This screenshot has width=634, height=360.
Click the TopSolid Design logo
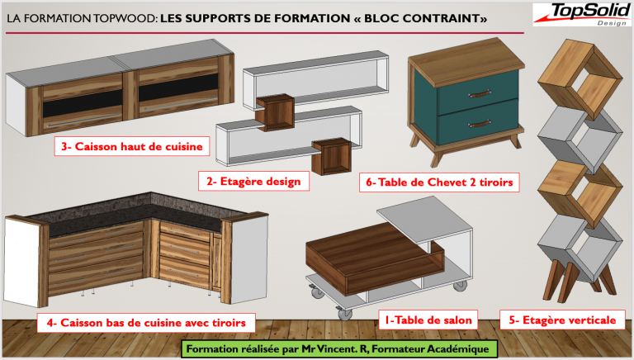tap(582, 15)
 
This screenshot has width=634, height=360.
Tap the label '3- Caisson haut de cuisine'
tap(132, 146)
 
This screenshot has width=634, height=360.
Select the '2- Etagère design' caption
tap(253, 181)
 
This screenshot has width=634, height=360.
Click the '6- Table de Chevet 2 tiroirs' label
tap(439, 182)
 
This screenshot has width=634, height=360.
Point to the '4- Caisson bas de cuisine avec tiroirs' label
tap(146, 323)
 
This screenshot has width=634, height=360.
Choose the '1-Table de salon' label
tap(428, 320)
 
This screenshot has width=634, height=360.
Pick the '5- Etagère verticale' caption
tap(562, 320)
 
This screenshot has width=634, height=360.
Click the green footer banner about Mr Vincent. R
tap(339, 348)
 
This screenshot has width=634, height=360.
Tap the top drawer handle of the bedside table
tap(480, 94)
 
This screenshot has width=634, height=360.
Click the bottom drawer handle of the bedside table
tap(480, 123)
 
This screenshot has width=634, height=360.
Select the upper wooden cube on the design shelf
tap(275, 113)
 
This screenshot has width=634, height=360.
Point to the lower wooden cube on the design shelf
tap(331, 157)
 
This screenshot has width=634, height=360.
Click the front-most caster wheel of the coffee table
tap(344, 313)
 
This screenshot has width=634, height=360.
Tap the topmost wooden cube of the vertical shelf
tap(580, 80)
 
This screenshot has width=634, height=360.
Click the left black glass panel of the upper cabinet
tap(83, 103)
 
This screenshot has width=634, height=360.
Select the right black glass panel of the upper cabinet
tap(178, 88)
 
